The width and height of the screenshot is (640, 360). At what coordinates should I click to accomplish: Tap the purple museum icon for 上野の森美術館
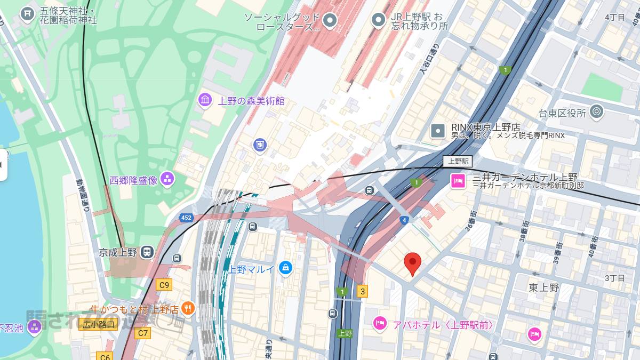pos(205,100)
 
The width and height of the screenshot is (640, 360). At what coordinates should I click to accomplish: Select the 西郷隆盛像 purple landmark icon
pos(167,180)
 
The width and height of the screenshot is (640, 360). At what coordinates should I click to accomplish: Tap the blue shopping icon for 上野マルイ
pos(286,268)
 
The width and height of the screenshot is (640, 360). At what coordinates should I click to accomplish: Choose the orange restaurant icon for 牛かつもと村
pos(188,308)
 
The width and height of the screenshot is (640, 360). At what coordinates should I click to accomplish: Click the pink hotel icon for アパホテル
pos(379,323)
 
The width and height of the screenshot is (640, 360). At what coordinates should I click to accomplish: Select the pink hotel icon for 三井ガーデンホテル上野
pos(458,181)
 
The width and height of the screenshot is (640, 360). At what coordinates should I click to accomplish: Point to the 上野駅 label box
pos(458,161)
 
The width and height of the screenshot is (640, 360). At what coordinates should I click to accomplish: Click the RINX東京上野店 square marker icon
pos(438,130)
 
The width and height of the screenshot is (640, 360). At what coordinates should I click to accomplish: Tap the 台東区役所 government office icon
pos(596,112)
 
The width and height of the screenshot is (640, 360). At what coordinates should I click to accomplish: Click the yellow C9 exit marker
pos(164,285)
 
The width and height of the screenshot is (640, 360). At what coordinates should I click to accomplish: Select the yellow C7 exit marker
pos(142,333)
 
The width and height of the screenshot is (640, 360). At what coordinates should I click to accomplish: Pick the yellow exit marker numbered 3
pos(363,291)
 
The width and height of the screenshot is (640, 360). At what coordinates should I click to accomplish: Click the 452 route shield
pos(186,218)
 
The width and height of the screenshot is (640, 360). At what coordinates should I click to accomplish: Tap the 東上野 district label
pos(543,288)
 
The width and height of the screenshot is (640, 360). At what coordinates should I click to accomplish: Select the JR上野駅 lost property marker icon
pos(378,20)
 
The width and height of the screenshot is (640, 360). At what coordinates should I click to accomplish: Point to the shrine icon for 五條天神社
pos(27,14)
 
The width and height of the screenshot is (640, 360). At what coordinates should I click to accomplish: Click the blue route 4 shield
pos(405,220)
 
